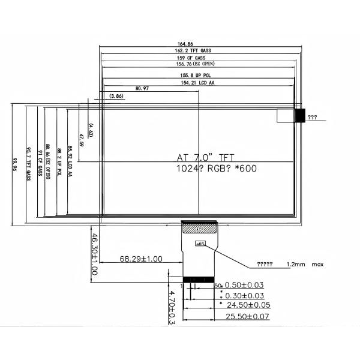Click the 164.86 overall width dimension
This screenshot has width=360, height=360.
coord(185,43)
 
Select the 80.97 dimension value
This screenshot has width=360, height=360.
coord(142,88)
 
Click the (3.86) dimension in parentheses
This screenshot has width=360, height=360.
coord(116,96)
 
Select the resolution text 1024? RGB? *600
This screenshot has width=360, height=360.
coord(216,169)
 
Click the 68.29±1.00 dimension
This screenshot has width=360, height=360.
coord(141,259)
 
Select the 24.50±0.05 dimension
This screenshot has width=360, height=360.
coord(247,305)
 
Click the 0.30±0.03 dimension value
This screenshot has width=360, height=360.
coord(244,295)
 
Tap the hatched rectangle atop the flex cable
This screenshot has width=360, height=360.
coord(198,228)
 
